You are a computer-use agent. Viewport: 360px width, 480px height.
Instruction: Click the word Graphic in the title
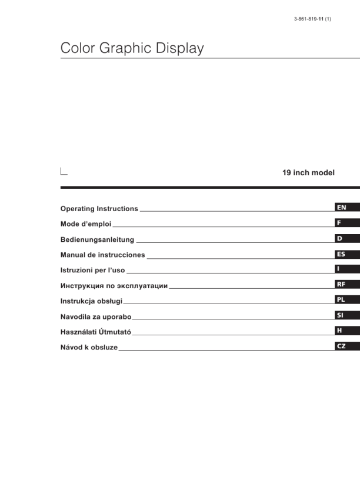pyautogui.click(x=127, y=48)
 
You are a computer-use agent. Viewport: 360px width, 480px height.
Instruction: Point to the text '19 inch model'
pyautogui.click(x=309, y=173)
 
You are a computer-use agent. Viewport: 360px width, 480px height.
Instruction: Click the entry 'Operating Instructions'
pyautogui.click(x=99, y=209)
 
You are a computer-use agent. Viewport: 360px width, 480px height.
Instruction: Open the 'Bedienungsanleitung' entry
pyautogui.click(x=97, y=239)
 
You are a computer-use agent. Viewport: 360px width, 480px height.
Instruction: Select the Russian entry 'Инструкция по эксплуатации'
pyautogui.click(x=114, y=286)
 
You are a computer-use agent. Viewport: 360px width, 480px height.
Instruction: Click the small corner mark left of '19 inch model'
pyautogui.click(x=64, y=172)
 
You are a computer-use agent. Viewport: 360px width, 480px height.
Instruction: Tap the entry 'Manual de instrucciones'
pyautogui.click(x=102, y=255)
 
